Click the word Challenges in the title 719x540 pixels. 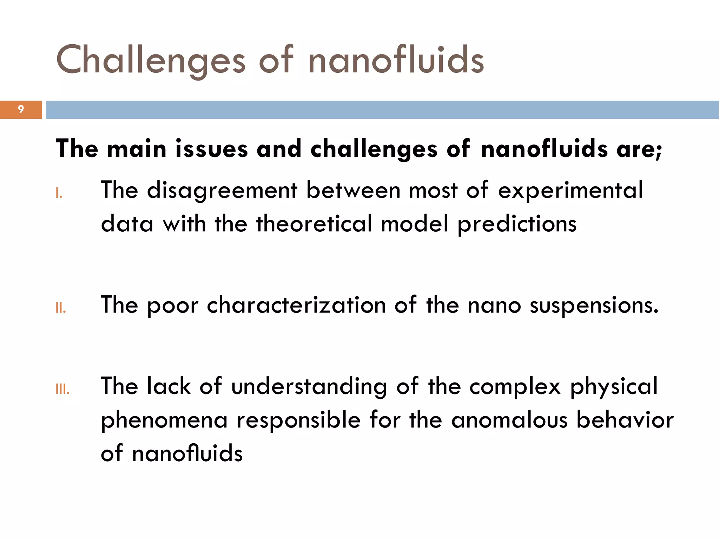click(x=150, y=60)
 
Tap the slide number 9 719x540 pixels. click(x=21, y=109)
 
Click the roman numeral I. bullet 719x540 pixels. click(x=59, y=193)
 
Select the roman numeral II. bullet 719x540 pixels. click(x=61, y=308)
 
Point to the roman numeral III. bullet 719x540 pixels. click(x=62, y=389)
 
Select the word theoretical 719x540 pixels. click(x=314, y=224)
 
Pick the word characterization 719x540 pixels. click(x=296, y=305)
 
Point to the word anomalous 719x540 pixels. click(x=509, y=420)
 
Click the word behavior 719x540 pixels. click(x=625, y=420)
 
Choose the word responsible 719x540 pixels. click(x=298, y=420)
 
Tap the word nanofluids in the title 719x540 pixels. click(x=396, y=60)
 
